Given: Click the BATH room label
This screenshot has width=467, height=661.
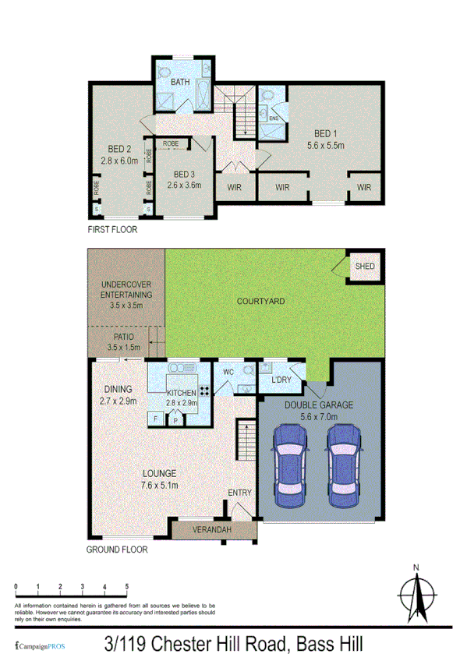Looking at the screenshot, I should (x=180, y=82).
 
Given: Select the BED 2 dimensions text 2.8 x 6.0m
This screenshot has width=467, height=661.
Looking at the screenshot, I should (x=119, y=161).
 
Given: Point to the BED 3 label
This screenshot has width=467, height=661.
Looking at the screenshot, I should (x=184, y=174).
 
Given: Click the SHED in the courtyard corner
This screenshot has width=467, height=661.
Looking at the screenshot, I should (x=365, y=267).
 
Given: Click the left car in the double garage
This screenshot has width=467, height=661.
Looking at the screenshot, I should (x=289, y=468).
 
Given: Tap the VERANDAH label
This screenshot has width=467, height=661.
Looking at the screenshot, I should (x=214, y=531).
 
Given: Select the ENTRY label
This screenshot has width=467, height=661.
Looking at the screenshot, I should (x=239, y=493).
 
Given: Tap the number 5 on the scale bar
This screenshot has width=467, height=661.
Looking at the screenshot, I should (x=127, y=585).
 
